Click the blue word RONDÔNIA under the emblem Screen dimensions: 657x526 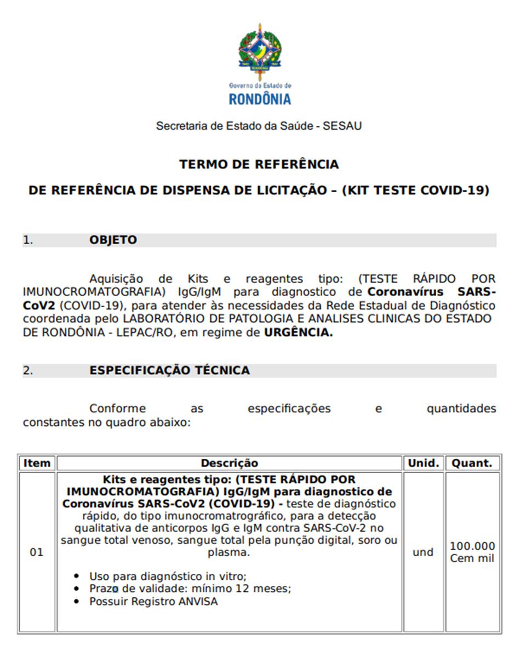coord(260,99)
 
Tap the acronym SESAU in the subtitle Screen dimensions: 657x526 coord(342,126)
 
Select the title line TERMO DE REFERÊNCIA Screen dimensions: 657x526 coord(259,164)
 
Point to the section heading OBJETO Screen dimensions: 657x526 coord(113,240)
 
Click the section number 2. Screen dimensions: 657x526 coord(27,371)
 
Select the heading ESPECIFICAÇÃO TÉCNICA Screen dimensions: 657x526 coord(169,371)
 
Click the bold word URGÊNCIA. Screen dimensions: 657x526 coord(298,333)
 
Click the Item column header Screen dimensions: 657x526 coord(37,463)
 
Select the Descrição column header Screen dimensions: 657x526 coord(229,463)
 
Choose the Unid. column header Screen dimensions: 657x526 coord(424,463)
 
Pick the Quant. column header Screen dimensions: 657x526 coord(472,463)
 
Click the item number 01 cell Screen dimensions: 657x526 coord(36,552)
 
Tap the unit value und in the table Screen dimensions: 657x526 coord(423,552)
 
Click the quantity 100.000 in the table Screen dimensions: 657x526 coord(472,546)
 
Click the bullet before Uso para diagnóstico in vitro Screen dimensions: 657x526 coord(78,577)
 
